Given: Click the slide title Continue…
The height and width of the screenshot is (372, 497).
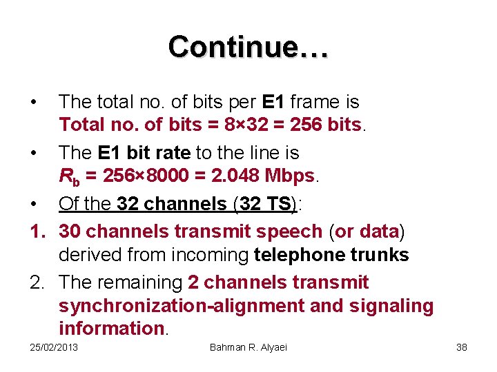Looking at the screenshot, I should pos(248,47).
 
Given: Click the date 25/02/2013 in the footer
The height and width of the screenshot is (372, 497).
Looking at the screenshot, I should pos(55,347).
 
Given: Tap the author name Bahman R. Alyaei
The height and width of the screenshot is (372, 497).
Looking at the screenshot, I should pos(248,347).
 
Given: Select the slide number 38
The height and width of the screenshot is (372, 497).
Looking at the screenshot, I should pos(462,347).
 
